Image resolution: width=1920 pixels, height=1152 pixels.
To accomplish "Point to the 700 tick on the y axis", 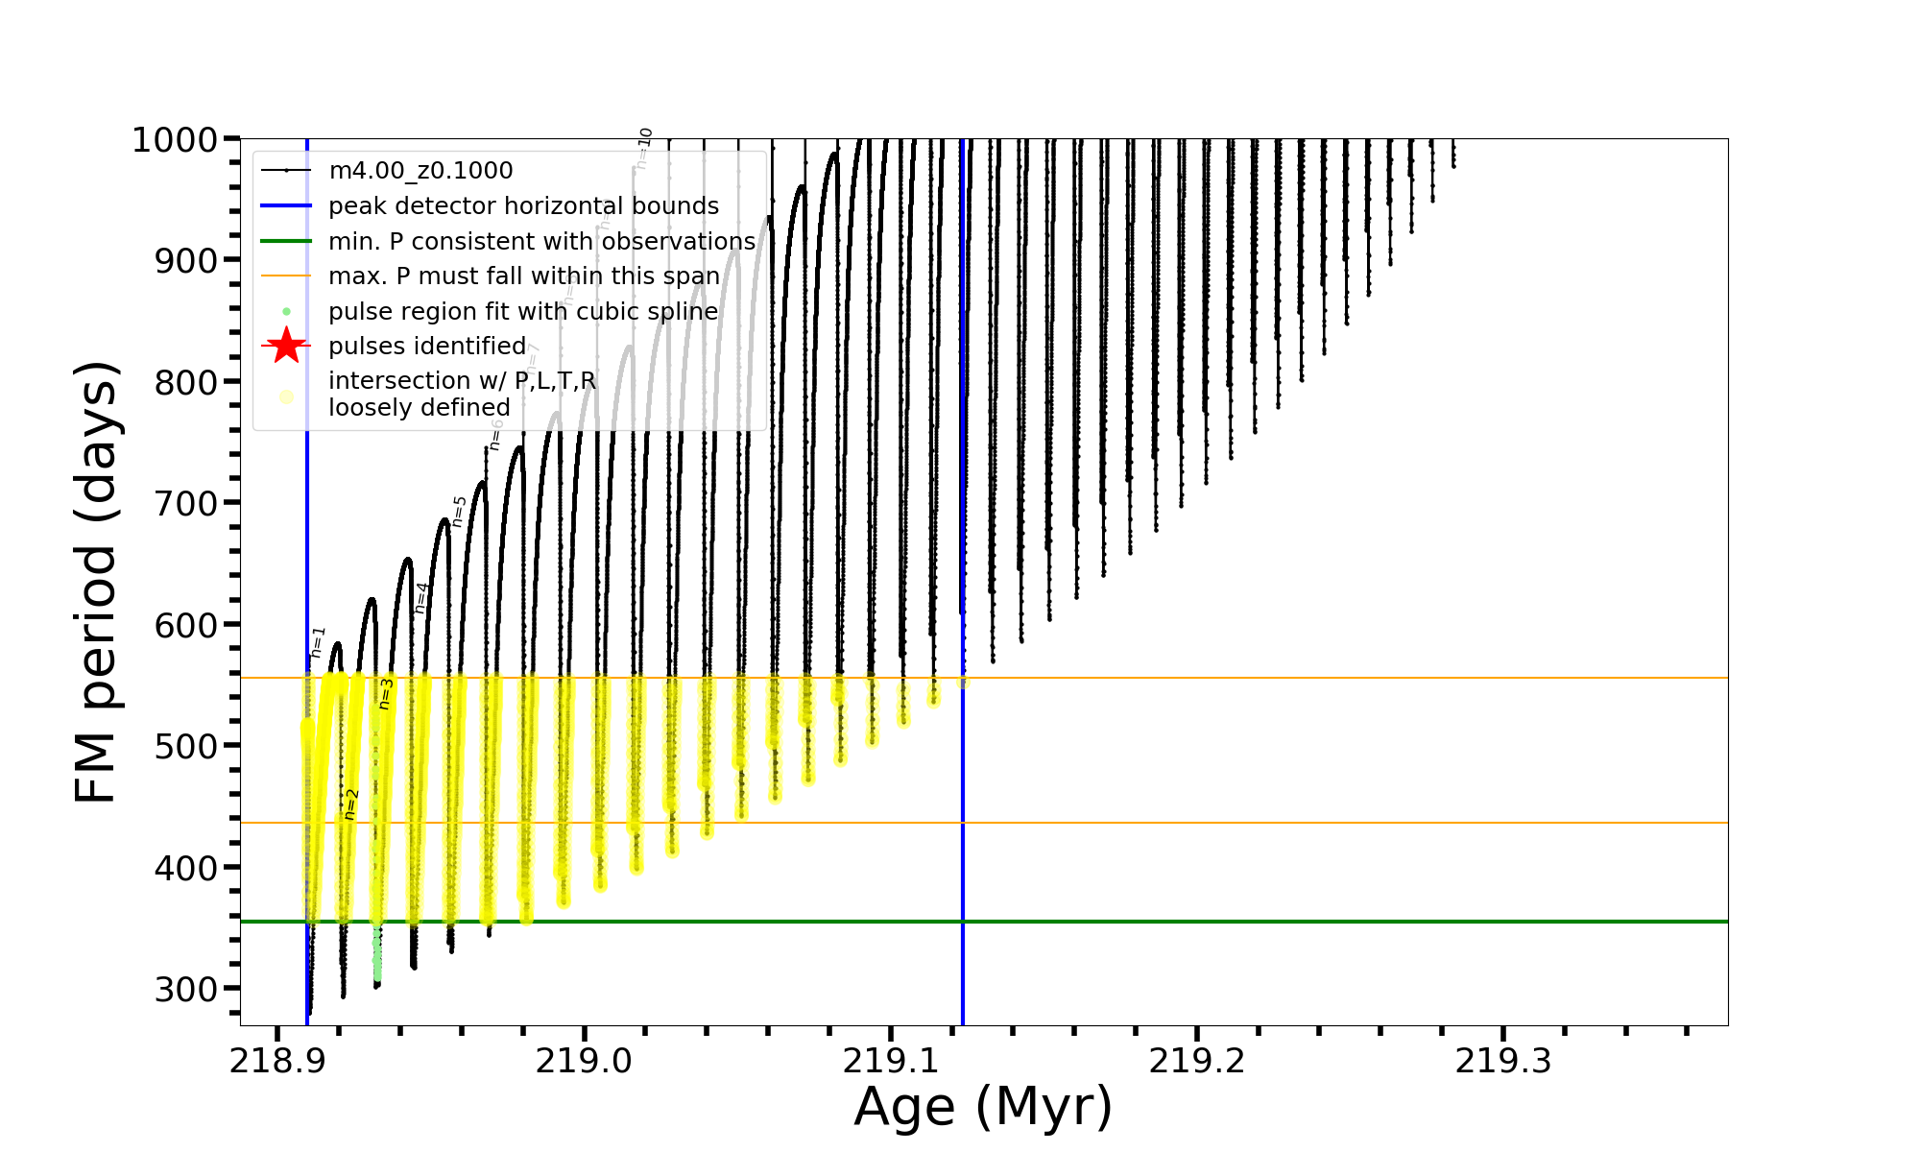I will coord(188,503).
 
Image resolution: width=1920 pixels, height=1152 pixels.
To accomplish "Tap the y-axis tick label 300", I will coord(188,989).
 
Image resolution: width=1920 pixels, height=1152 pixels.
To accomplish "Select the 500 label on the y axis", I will coord(188,746).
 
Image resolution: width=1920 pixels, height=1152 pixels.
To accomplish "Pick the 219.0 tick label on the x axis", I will coord(584,1061).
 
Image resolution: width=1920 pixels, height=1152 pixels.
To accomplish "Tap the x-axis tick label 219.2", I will coord(1197,1061).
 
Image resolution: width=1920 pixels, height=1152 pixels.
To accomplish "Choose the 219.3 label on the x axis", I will coord(1503,1061).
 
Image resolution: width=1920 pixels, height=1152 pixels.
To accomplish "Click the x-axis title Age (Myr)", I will coord(983,1107).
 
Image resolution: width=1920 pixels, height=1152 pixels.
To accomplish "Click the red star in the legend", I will coord(286,346).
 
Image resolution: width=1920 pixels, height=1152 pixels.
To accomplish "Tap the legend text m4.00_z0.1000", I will coord(420,171).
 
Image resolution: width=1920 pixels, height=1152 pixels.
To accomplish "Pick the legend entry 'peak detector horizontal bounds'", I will coord(523,206).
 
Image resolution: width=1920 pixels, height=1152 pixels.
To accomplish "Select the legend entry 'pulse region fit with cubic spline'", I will coord(523,312).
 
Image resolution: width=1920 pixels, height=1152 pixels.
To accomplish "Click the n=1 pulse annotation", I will coord(319,641).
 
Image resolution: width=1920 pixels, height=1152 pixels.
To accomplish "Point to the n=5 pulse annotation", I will coord(460,511).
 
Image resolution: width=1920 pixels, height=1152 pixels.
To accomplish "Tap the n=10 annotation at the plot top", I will coord(644,148).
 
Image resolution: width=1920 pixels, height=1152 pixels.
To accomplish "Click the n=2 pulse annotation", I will coord(351,804).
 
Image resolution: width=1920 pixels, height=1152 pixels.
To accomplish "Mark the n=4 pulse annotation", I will coord(422,597).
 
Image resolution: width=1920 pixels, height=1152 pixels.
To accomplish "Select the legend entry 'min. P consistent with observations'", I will coord(541,241).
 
